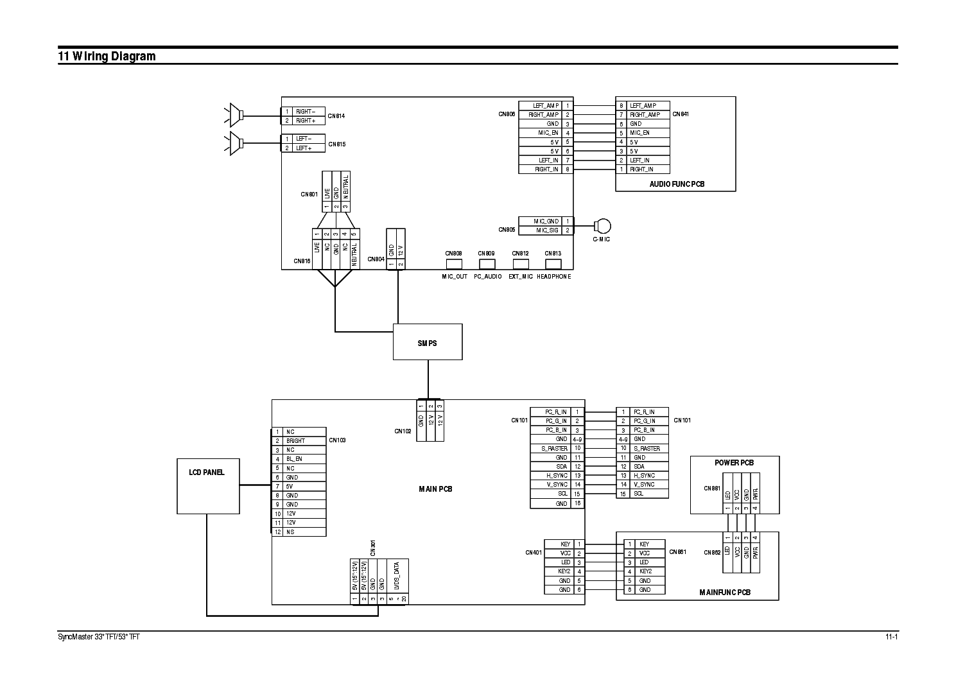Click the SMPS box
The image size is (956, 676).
pos(427,342)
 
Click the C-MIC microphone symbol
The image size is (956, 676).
pos(603,226)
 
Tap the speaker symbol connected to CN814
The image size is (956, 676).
pos(235,116)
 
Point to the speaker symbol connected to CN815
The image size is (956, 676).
pos(235,143)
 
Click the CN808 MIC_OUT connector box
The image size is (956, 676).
pos(454,263)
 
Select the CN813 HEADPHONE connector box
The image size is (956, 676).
pos(553,263)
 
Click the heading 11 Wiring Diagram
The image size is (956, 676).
pos(107,56)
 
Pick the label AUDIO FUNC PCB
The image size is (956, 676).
pos(676,184)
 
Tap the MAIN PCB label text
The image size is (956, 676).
pos(435,489)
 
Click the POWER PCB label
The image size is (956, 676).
pos(734,462)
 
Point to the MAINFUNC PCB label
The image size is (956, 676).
pos(724,593)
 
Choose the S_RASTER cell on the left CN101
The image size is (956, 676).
pos(550,448)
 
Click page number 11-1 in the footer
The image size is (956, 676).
pos(890,637)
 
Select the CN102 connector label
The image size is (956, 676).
pos(403,431)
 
